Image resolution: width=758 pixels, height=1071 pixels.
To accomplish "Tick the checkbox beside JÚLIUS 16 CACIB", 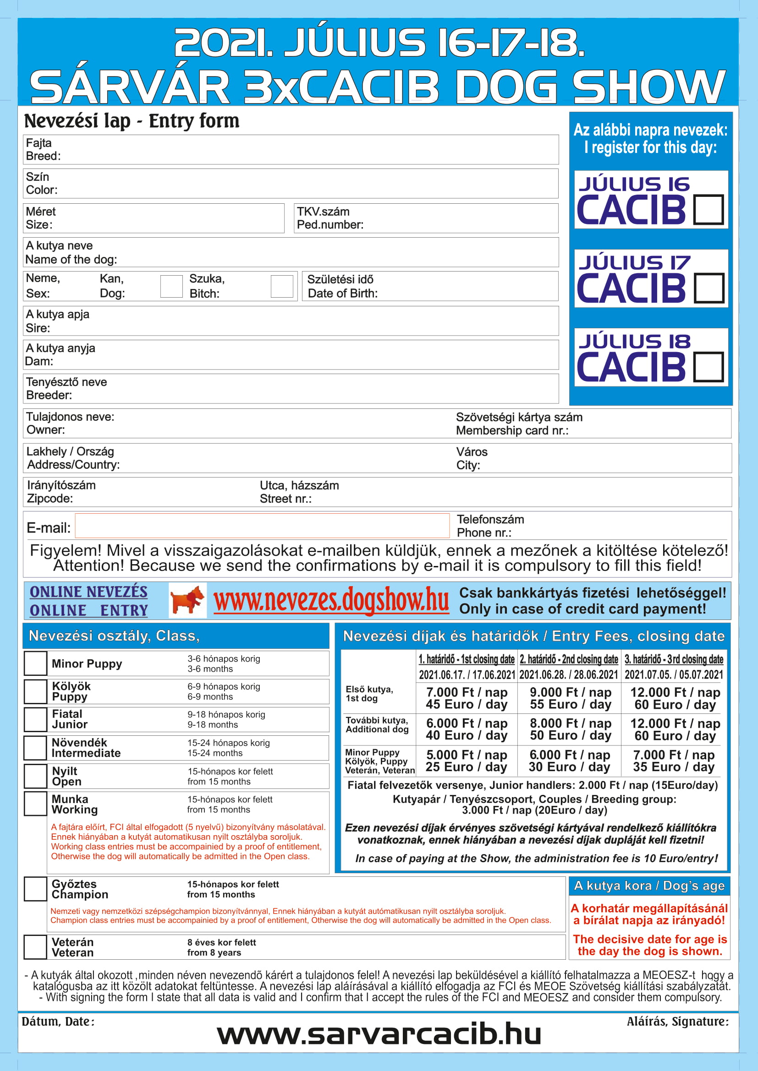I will click(x=708, y=210).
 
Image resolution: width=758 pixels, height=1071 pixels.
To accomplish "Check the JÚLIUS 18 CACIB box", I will click(x=708, y=367).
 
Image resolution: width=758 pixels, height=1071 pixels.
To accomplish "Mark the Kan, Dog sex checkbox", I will click(x=171, y=286).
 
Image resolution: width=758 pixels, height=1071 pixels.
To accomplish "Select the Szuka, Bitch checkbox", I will click(x=282, y=286).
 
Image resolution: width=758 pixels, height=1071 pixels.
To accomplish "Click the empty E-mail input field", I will click(x=262, y=526).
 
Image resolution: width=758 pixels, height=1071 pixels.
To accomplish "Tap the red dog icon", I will click(x=187, y=600).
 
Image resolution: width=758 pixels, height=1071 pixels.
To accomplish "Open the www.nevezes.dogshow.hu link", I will click(x=331, y=600).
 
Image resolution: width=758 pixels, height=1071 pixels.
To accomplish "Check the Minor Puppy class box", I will click(x=35, y=663).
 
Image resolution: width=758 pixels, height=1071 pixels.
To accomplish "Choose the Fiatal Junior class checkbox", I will click(x=35, y=719).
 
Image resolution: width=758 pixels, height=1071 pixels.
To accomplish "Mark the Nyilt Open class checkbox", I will click(x=35, y=776).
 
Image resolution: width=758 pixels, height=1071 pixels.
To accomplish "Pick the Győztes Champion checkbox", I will click(x=35, y=889).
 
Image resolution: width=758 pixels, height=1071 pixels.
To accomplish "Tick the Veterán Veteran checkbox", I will click(x=35, y=947).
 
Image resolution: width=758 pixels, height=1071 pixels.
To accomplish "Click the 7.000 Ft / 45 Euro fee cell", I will click(x=466, y=698).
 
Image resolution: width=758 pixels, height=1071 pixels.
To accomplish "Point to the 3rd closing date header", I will click(x=674, y=659).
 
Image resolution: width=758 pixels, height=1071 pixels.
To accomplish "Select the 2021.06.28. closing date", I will click(x=568, y=674).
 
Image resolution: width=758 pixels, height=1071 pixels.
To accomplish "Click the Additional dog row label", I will click(x=377, y=725).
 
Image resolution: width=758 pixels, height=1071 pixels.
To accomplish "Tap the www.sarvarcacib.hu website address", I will click(x=379, y=1034).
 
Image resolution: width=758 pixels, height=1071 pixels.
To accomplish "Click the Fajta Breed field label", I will click(x=43, y=149).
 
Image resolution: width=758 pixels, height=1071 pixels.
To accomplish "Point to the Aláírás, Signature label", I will click(x=677, y=1022).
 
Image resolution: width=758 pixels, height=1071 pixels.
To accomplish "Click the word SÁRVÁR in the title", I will click(x=129, y=86).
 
